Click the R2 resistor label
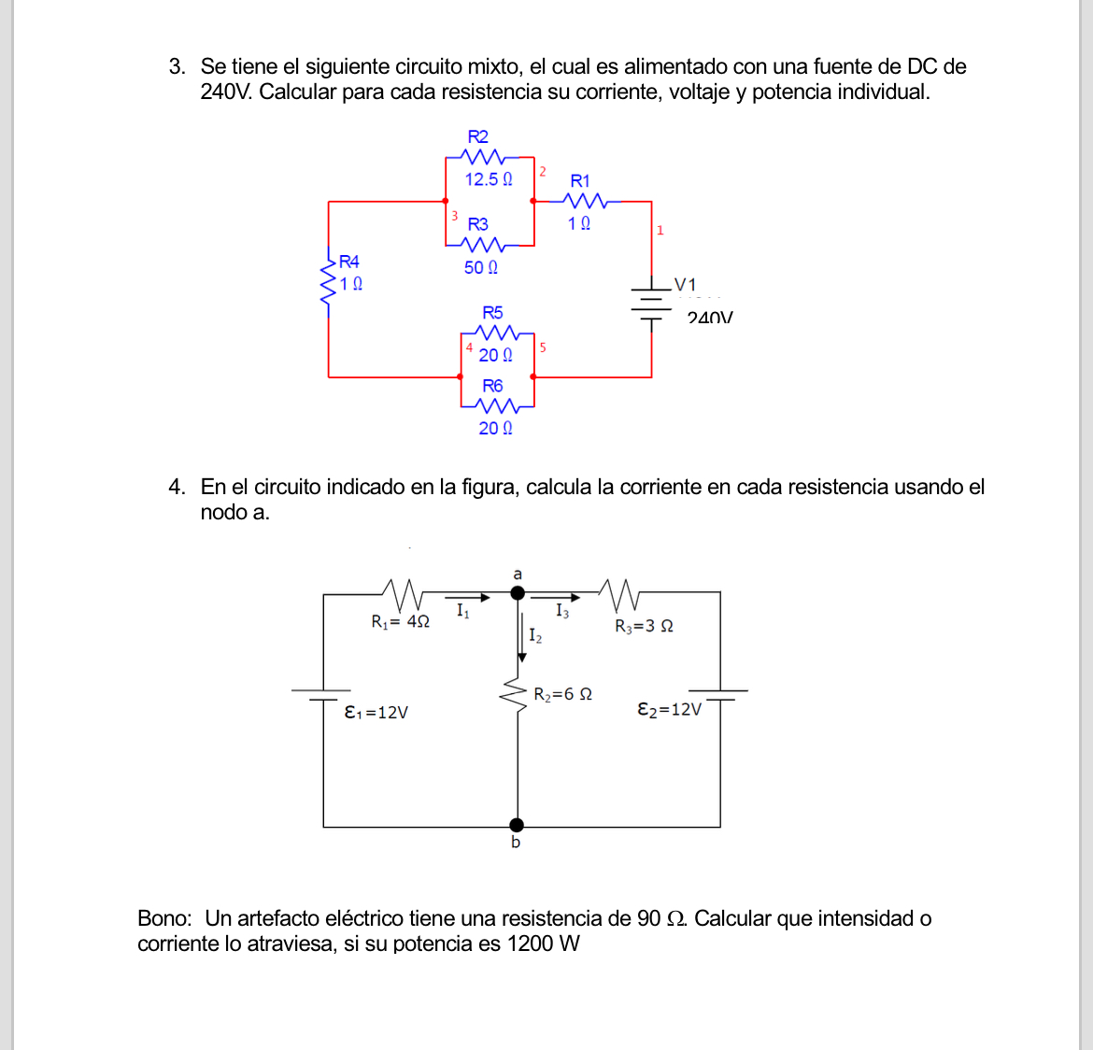pyautogui.click(x=477, y=136)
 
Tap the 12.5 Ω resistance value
pyautogui.click(x=489, y=178)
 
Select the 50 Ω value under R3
pyautogui.click(x=481, y=267)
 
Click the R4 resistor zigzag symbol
pyautogui.click(x=329, y=277)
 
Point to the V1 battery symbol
pyautogui.click(x=651, y=302)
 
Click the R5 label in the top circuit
pyautogui.click(x=492, y=312)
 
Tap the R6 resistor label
pyautogui.click(x=492, y=386)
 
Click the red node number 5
pyautogui.click(x=543, y=348)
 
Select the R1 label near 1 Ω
pyautogui.click(x=580, y=180)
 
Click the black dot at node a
pyautogui.click(x=518, y=592)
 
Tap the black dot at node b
pyautogui.click(x=517, y=825)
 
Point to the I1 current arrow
pyautogui.click(x=467, y=597)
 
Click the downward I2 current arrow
pyautogui.click(x=521, y=635)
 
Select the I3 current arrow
pyautogui.click(x=561, y=597)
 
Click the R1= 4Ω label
pyautogui.click(x=400, y=621)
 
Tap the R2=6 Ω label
pyautogui.click(x=562, y=694)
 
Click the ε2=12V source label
pyautogui.click(x=669, y=709)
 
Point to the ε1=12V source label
pyautogui.click(x=376, y=712)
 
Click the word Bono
pyautogui.click(x=164, y=918)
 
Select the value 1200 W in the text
pyautogui.click(x=543, y=944)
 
